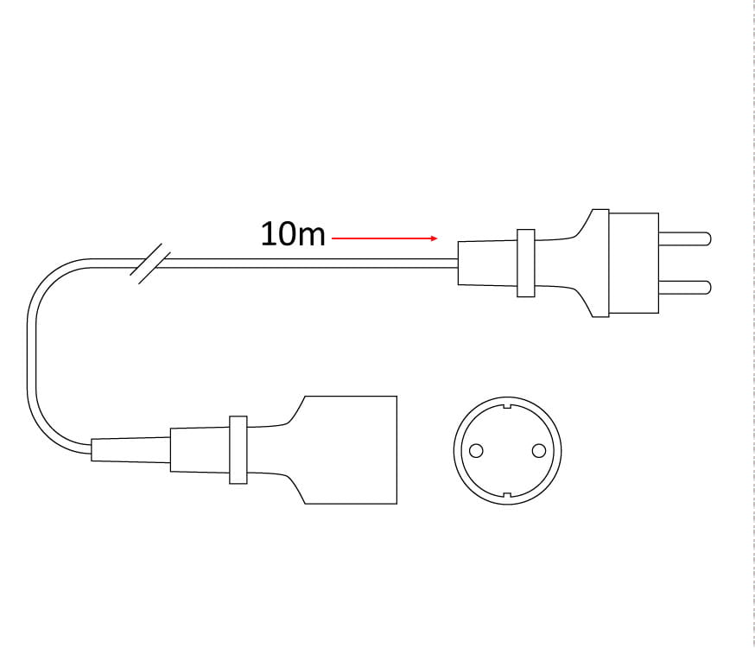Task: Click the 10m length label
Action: tap(293, 234)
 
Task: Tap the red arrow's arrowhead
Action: tap(435, 238)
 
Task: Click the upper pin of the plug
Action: tap(685, 238)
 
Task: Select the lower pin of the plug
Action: tap(685, 288)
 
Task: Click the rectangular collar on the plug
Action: tap(526, 263)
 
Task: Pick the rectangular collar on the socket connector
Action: tap(238, 449)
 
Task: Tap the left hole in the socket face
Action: tap(476, 451)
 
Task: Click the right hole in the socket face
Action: tap(539, 451)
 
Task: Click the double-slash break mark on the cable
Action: tap(150, 264)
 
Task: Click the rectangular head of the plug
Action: tap(634, 263)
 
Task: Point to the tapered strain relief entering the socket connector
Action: tap(130, 450)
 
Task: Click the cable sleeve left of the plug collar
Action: tap(487, 263)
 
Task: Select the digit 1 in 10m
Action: tap(267, 234)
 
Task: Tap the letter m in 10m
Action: tap(311, 237)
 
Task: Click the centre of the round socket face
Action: tap(507, 451)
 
